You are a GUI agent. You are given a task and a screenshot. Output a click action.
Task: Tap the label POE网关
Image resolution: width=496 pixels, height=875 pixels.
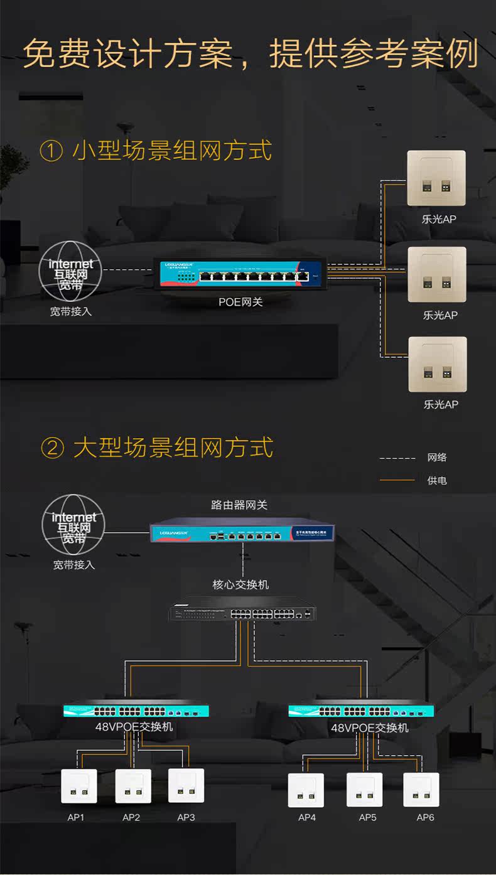pos(240,302)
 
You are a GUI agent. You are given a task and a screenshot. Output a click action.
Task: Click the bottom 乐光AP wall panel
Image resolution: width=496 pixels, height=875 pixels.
pos(438,364)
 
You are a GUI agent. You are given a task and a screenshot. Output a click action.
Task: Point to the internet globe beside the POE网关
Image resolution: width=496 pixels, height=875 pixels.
pos(71,270)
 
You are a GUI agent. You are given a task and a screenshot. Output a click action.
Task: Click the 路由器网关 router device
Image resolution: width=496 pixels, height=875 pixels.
pos(242,533)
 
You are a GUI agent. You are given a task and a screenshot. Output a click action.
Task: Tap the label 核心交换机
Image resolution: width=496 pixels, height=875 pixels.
pos(240,585)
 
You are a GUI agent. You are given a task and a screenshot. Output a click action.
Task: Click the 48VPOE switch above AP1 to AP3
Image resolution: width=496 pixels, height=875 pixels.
pos(136,711)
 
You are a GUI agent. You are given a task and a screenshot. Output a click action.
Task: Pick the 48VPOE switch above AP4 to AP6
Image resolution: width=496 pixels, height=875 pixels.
pos(362,711)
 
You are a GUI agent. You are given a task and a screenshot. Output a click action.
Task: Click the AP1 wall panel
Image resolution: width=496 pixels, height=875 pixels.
pos(79,786)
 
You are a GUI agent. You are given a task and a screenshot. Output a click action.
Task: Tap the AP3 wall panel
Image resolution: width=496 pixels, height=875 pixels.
pos(186,786)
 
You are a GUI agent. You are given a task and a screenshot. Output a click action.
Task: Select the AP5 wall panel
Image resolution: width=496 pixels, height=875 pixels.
pos(365,790)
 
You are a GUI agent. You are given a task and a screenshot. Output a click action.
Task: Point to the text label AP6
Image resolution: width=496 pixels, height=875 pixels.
pos(425,817)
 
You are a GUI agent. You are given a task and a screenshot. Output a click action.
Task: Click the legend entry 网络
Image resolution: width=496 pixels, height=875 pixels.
pos(437,458)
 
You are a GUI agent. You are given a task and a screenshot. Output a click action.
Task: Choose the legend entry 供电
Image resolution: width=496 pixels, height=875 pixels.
pos(437,481)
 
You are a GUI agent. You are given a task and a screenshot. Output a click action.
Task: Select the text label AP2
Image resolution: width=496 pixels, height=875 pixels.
pos(131,817)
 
